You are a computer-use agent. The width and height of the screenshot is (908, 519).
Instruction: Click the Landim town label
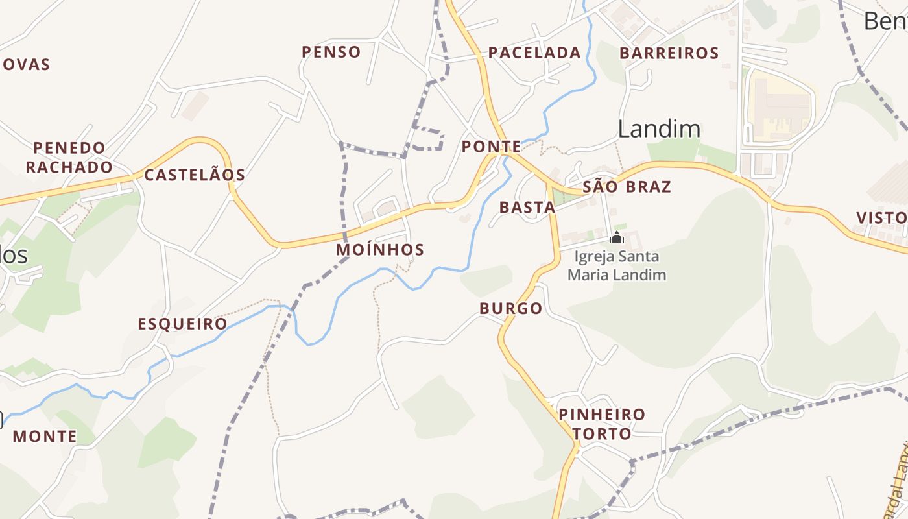659,129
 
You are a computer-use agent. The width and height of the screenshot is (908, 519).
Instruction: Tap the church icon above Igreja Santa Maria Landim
617,237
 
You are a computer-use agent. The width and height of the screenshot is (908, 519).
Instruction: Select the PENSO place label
331,52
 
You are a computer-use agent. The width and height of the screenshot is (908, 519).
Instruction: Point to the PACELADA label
534,53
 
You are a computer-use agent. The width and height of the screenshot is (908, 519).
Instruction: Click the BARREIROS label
669,53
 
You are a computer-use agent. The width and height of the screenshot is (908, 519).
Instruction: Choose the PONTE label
491,147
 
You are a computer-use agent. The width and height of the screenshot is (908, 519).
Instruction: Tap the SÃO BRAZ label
627,187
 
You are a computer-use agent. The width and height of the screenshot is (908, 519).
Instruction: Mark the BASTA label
527,208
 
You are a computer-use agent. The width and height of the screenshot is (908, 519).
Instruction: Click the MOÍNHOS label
380,249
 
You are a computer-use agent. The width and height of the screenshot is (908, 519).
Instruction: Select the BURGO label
511,308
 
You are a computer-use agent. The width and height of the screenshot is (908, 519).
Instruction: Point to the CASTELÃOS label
195,175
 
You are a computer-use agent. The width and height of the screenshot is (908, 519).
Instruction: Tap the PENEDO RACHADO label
69,157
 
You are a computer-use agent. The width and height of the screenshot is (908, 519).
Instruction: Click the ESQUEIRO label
182,324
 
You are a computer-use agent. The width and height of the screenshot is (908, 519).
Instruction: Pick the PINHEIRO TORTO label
602,424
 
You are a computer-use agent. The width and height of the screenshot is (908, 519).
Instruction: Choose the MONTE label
45,436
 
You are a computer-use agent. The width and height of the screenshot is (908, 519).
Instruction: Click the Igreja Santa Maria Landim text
617,265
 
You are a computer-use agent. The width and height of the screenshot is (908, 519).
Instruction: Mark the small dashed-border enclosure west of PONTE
428,138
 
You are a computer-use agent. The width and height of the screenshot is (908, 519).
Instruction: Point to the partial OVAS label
26,64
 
